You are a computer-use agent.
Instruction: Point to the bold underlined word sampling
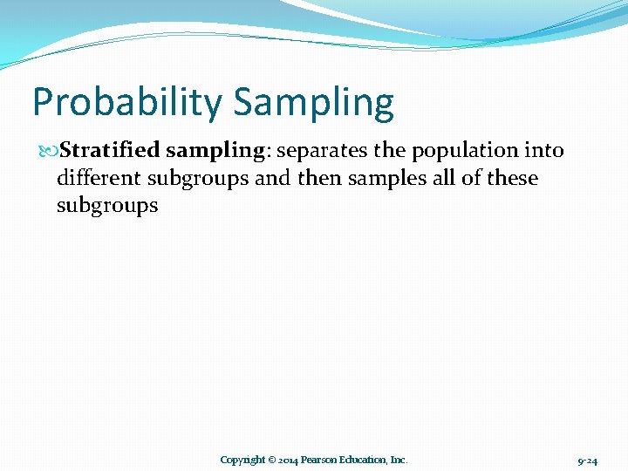pyautogui.click(x=218, y=150)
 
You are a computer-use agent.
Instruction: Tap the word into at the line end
pyautogui.click(x=545, y=150)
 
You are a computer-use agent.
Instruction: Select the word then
pyautogui.click(x=319, y=178)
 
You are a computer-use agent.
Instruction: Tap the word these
pyautogui.click(x=513, y=178)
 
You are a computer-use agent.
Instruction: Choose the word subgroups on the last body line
pyautogui.click(x=107, y=207)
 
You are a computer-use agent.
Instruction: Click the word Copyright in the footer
pyautogui.click(x=242, y=460)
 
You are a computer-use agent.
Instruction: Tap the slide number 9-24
pyautogui.click(x=587, y=460)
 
